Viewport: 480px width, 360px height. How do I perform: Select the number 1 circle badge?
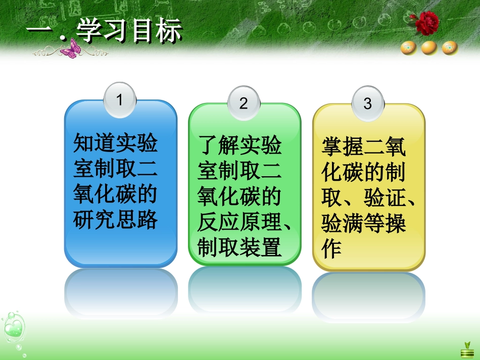click(120, 100)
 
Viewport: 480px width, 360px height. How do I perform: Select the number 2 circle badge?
click(244, 103)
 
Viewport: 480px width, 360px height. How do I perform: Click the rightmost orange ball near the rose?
click(450, 48)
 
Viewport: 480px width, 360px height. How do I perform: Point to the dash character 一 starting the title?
click(39, 31)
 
